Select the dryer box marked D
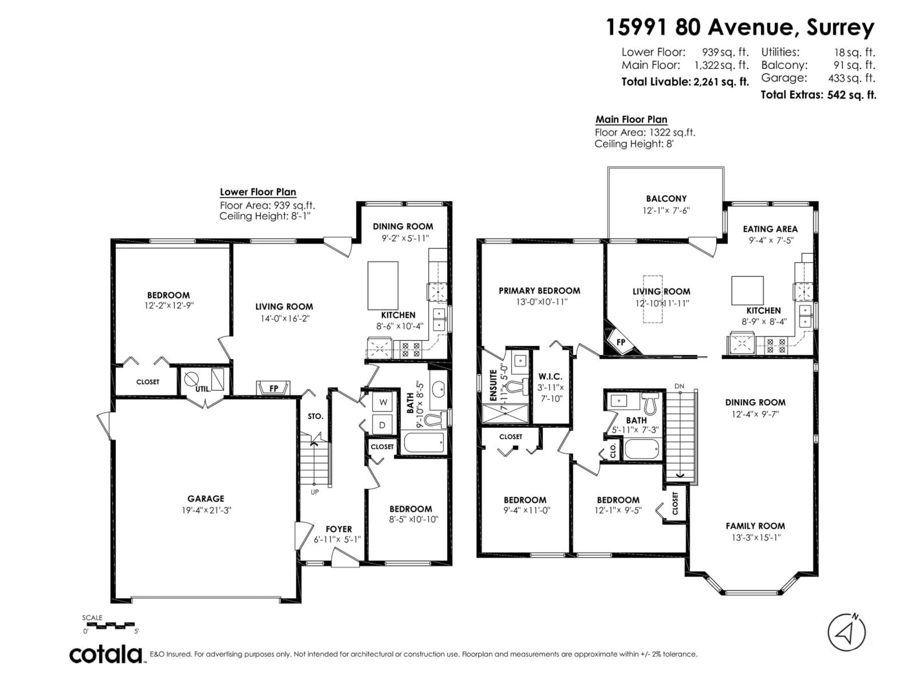coord(382,425)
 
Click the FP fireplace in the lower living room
coord(273,388)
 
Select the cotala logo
coord(106,655)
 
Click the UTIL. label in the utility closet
coord(203,389)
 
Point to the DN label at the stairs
coord(679,386)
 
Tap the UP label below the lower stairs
coord(315,492)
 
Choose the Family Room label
coord(755,526)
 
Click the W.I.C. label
coord(550,376)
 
